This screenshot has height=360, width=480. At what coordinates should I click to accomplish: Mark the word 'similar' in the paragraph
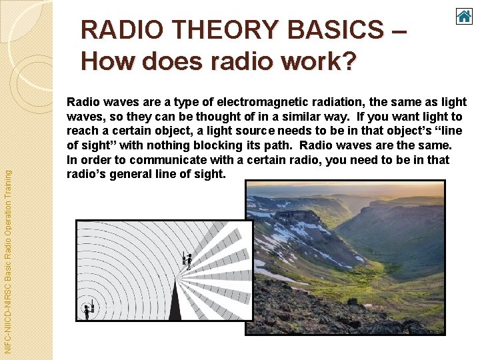pyautogui.click(x=283, y=117)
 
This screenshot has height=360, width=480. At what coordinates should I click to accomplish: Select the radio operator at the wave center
pyautogui.click(x=87, y=311)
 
